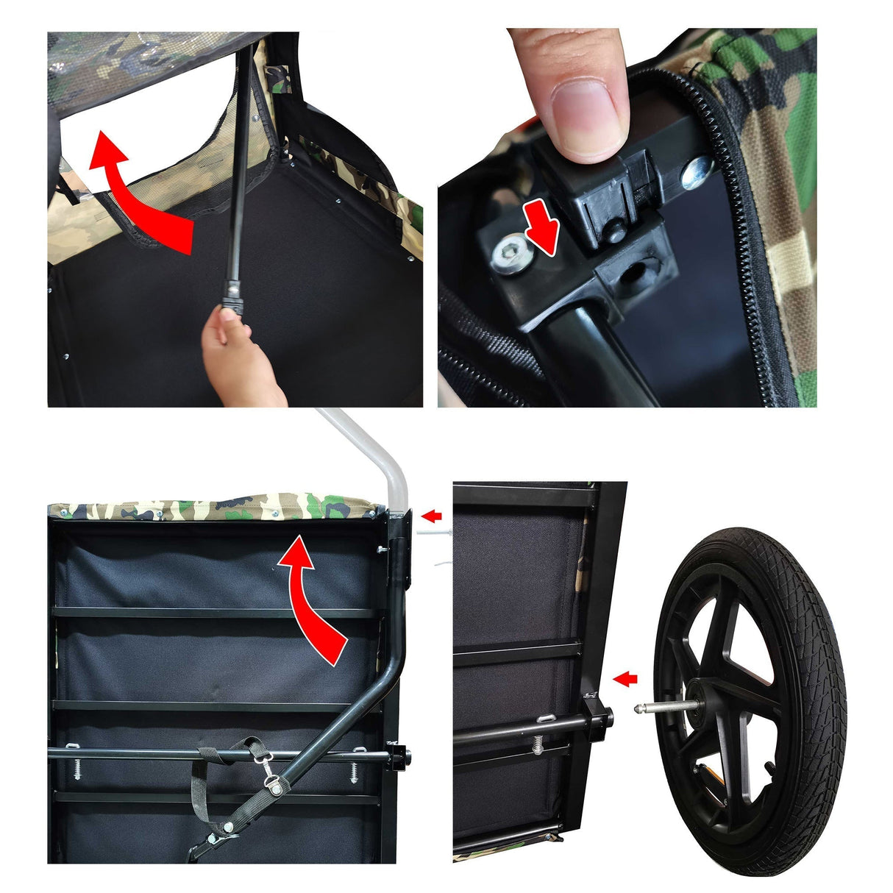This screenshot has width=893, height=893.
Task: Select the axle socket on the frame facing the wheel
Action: tap(600, 716)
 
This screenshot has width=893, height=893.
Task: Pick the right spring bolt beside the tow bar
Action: tap(354, 769)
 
